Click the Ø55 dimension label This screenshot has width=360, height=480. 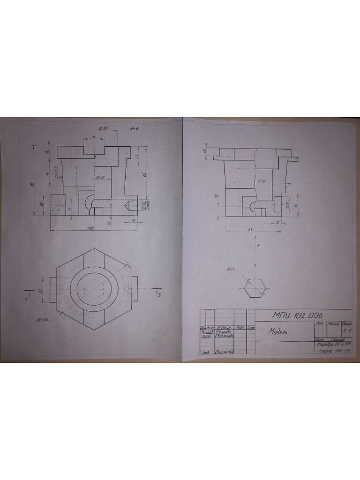pos(104,128)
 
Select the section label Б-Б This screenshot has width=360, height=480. pos(134,128)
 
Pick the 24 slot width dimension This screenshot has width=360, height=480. pos(94,137)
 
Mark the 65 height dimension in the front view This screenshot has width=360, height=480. pos(145,175)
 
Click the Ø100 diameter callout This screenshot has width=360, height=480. pos(42,319)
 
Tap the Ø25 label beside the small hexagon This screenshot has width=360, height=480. pos(230,269)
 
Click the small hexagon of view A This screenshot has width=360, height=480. pos(256,286)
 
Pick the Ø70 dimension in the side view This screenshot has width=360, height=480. pos(261,181)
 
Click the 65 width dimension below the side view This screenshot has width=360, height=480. pos(250,230)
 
